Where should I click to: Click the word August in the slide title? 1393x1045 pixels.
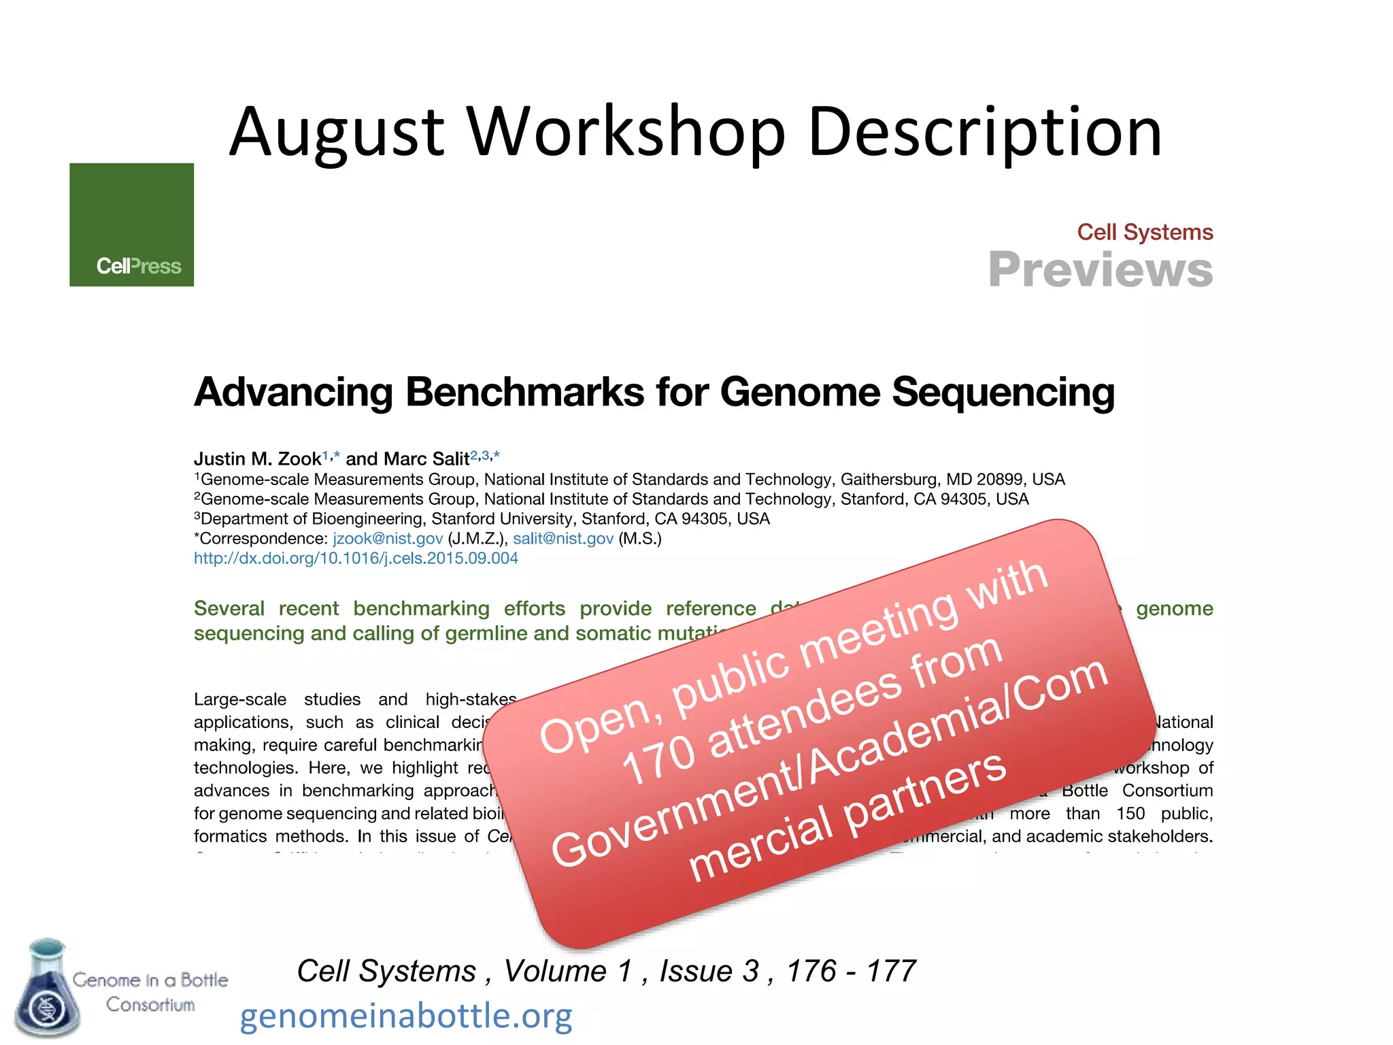pos(337,133)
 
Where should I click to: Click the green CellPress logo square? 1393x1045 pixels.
pos(131,225)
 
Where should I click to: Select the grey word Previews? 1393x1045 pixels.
pos(1100,270)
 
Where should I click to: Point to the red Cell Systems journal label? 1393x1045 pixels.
pos(1145,232)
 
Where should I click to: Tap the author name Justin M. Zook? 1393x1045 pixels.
pos(257,459)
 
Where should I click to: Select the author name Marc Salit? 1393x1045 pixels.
pos(426,459)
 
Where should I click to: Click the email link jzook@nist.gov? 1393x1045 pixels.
pos(388,539)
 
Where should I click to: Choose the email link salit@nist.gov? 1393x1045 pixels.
pos(563,539)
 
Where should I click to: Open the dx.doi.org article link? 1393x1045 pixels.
pos(356,559)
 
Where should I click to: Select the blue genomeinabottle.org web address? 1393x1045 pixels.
pos(406,1016)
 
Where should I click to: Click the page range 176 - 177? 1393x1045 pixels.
pos(851,971)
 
